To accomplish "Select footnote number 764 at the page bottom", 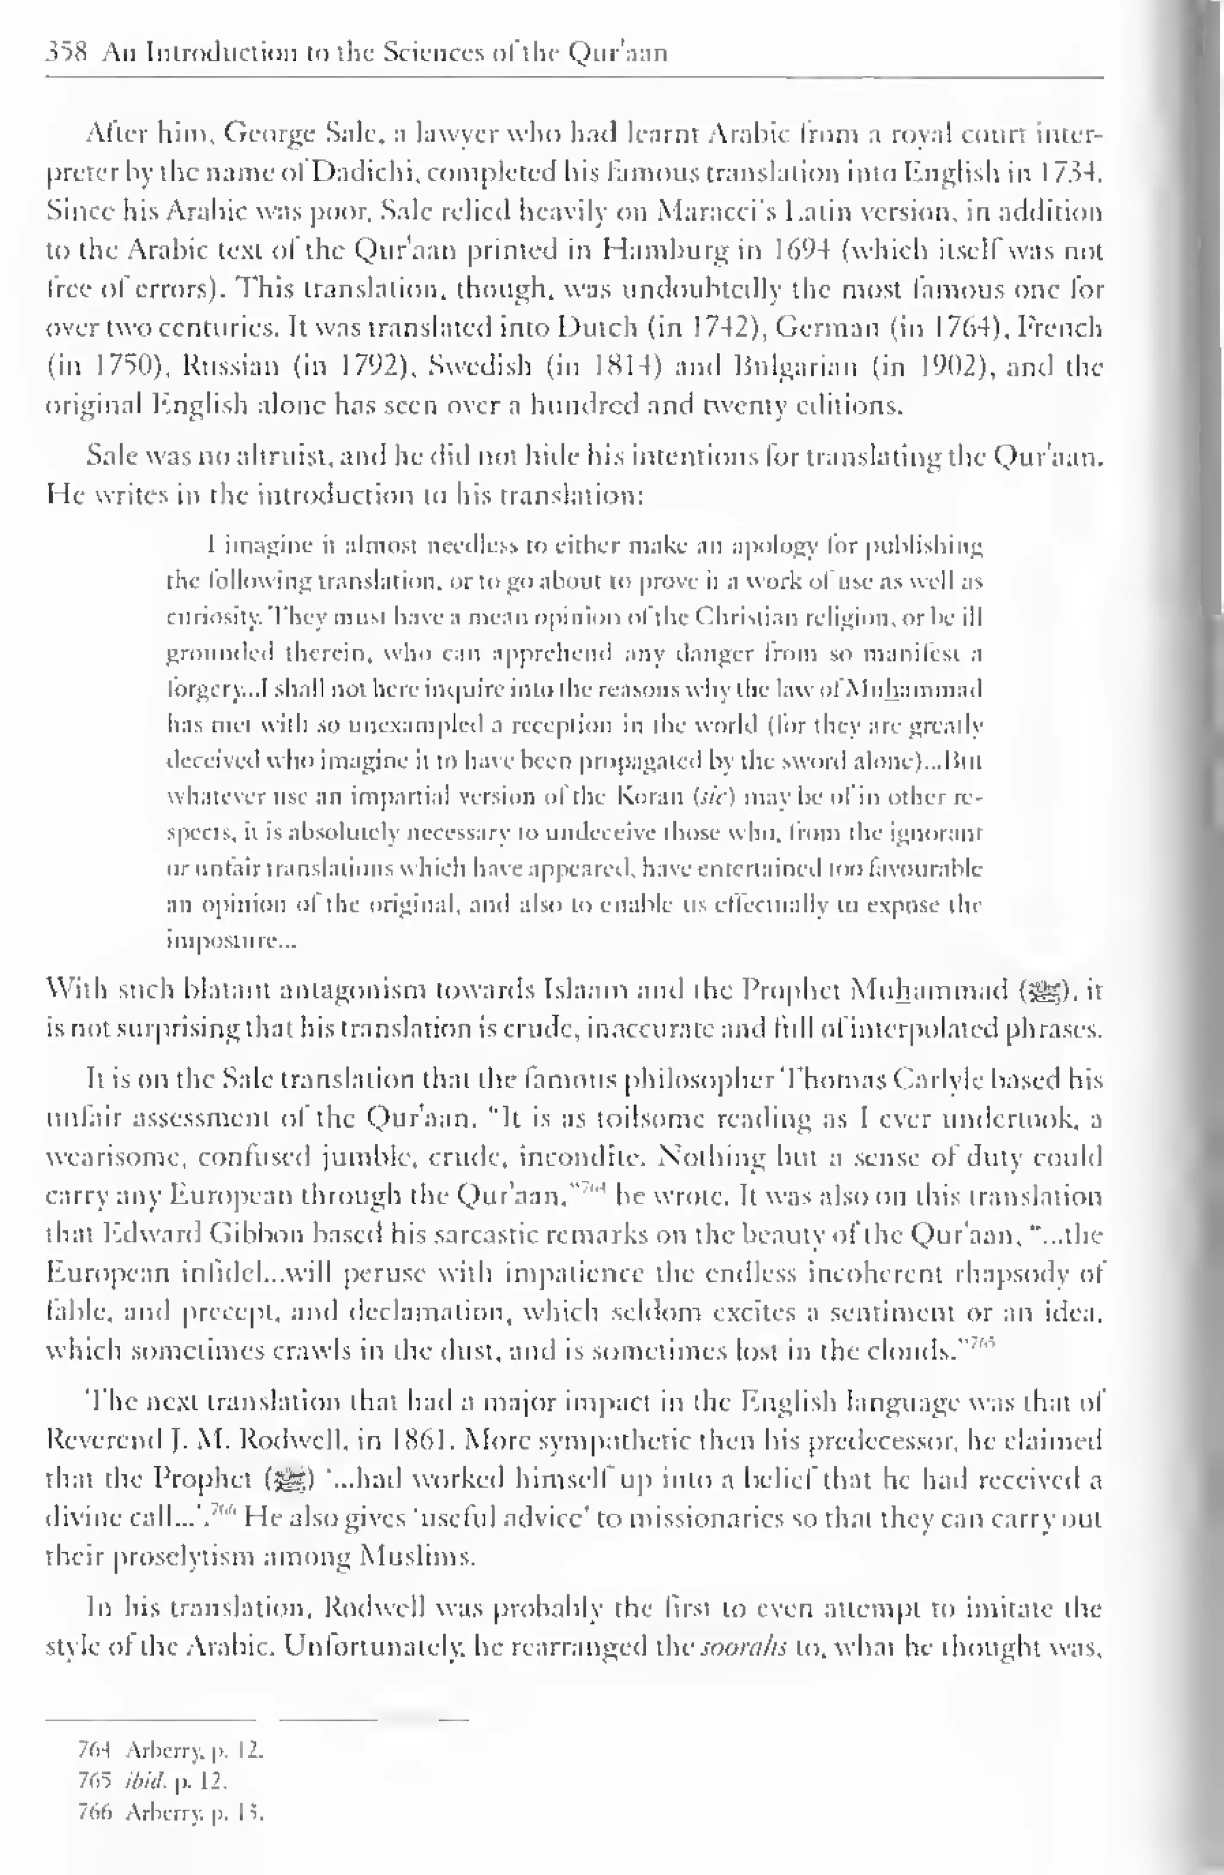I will coord(93,1751).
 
